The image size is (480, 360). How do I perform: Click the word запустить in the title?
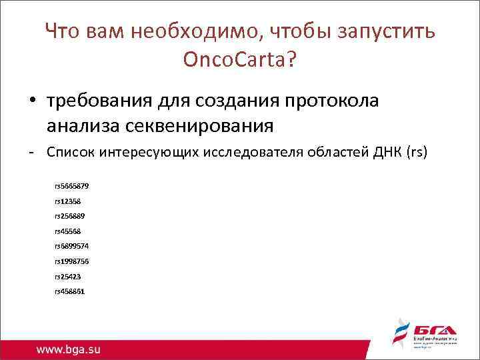(383, 31)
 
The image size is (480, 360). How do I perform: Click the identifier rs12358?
(67, 201)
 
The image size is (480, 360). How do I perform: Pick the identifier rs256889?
(69, 216)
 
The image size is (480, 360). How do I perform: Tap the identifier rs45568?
(67, 231)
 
